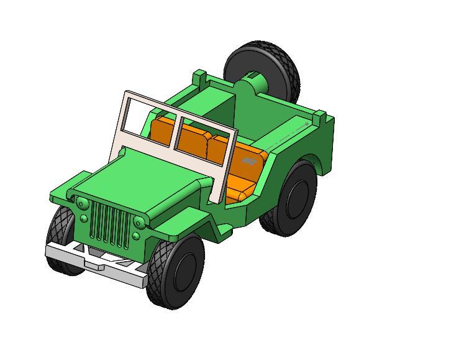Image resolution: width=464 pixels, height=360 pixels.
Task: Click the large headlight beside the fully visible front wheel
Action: click(x=140, y=222)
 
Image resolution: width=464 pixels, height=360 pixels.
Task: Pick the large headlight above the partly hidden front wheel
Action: click(x=81, y=203)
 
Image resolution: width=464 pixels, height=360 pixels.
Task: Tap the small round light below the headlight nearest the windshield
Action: click(x=136, y=236)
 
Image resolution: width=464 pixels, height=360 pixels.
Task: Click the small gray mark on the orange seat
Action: click(x=250, y=162)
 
